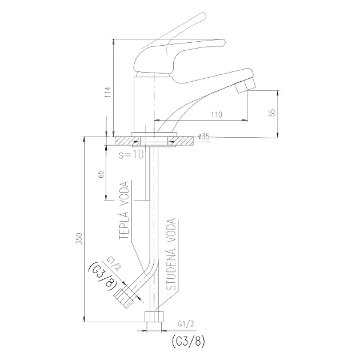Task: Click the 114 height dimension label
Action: pos(108,91)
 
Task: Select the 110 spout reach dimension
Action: pos(217,114)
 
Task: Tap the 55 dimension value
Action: pos(273,113)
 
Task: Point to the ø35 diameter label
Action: pos(203,137)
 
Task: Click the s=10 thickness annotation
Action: pos(131,155)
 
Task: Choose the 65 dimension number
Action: pos(101,174)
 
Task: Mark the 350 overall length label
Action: pos(79,239)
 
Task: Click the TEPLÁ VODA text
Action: pos(124,210)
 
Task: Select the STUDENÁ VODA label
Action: pos(171,254)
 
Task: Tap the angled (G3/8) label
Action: pos(103,277)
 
